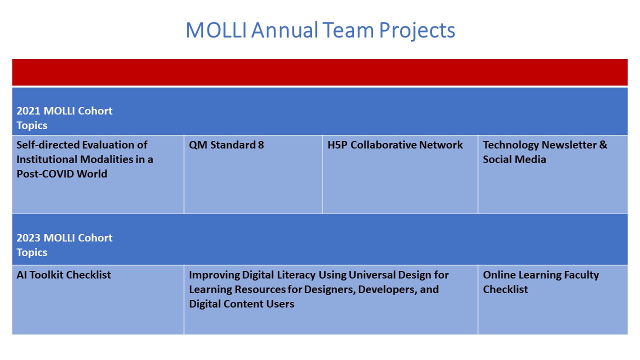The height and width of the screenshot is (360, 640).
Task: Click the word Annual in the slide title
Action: [x=284, y=30]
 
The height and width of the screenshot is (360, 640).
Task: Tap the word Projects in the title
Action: [x=417, y=31]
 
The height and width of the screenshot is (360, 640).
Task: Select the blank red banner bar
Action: [x=319, y=72]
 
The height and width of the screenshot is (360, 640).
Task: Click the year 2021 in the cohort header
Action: [x=28, y=111]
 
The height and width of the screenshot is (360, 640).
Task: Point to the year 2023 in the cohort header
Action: [x=28, y=238]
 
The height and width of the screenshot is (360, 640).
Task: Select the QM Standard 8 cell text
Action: [x=226, y=145]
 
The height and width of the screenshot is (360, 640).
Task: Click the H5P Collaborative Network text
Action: [x=395, y=145]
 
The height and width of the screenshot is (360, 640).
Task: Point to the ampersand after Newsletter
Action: [x=603, y=145]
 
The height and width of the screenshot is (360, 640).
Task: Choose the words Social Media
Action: [x=514, y=159]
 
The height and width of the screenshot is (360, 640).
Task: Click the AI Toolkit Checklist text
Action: [x=63, y=275]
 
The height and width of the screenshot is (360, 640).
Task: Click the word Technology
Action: [x=510, y=145]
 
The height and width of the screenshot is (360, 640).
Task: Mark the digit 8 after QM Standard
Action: [x=261, y=145]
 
